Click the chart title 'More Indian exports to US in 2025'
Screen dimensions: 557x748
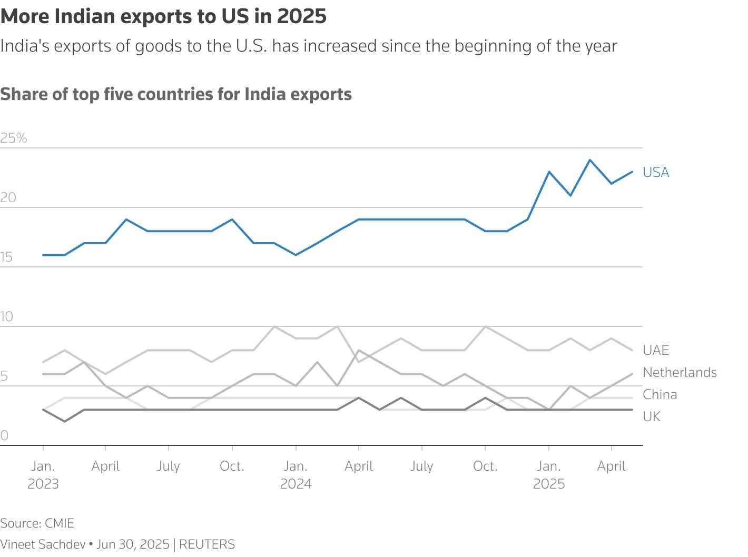pos(163,17)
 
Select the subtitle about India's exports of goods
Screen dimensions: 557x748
pos(308,46)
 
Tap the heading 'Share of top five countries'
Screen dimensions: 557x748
pos(176,94)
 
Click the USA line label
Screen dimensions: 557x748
pos(656,173)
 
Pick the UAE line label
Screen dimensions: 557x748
pos(656,351)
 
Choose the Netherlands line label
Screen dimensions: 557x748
pos(680,373)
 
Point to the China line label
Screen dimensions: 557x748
pos(660,395)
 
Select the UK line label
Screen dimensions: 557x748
pos(652,417)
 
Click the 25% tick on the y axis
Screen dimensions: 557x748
pos(14,138)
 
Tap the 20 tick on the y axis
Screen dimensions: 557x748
pos(8,198)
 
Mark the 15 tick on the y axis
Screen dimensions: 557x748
pos(7,257)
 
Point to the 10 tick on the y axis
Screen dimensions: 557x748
pos(7,317)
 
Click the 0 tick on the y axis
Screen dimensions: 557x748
pos(4,436)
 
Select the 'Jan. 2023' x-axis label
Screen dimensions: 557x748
pos(43,475)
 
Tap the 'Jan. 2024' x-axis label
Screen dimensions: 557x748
pos(296,475)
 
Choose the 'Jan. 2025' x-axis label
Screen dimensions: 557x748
pos(549,475)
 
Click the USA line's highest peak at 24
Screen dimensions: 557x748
pos(590,160)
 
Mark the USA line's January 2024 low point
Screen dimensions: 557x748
pos(296,255)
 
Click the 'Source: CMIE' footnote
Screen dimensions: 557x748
pos(37,523)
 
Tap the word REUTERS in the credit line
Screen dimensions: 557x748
pos(207,544)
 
